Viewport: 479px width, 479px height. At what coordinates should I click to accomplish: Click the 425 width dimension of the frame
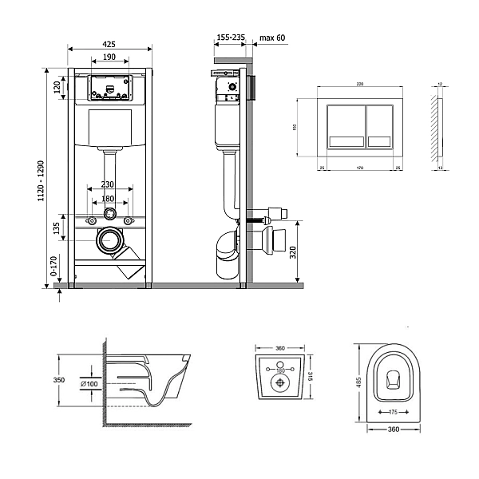110,43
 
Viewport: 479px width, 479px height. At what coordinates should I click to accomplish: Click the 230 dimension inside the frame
110,184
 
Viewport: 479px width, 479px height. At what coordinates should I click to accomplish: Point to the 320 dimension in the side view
293,253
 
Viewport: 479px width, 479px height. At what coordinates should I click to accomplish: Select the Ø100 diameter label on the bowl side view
90,384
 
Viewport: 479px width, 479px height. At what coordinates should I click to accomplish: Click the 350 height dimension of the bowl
58,381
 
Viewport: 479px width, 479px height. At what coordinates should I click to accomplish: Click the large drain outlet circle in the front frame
108,239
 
